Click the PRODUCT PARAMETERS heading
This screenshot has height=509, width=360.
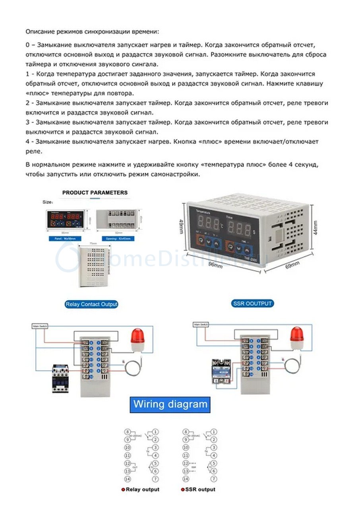click(x=95, y=192)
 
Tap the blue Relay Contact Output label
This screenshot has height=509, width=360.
click(x=91, y=304)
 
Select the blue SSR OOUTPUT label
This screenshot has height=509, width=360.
click(x=253, y=303)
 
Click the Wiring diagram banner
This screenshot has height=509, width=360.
click(x=170, y=404)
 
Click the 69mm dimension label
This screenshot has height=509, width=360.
click(x=292, y=264)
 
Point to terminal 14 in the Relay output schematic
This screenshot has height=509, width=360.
click(x=128, y=479)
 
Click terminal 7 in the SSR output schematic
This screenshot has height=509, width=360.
click(x=214, y=479)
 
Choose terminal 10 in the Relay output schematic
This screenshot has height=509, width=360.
click(x=128, y=447)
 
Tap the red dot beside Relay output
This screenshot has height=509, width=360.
click(x=123, y=490)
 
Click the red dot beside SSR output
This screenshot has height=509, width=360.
click(x=183, y=490)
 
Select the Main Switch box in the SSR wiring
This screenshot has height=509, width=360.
click(x=201, y=324)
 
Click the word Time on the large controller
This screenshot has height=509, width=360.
click(x=229, y=218)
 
